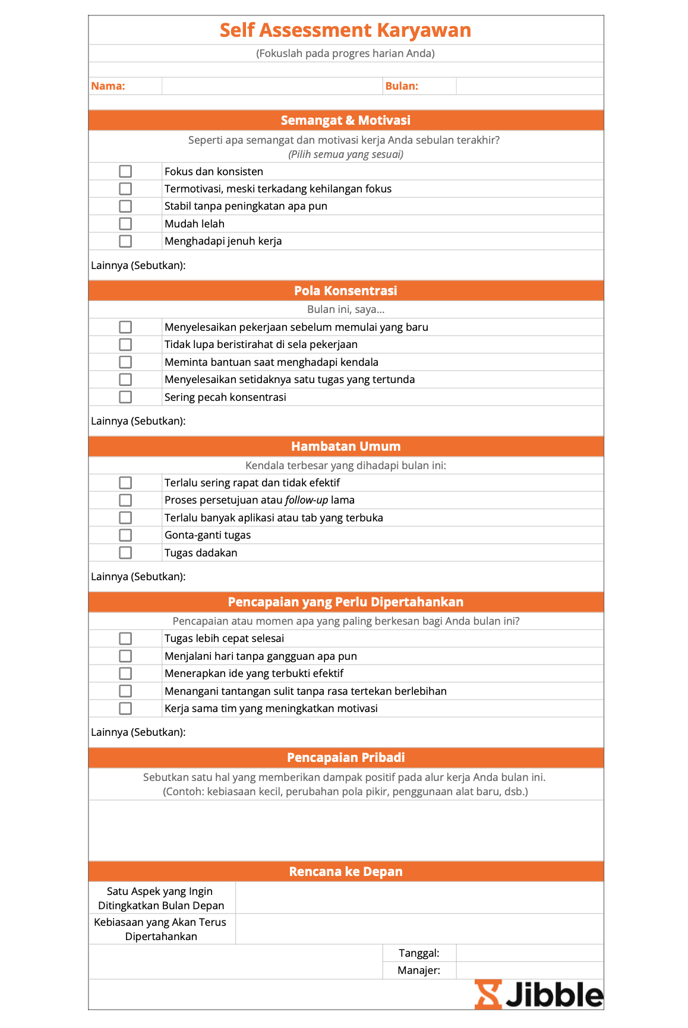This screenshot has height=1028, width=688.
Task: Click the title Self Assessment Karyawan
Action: coord(345,30)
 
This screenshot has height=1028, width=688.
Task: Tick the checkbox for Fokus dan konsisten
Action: coord(125,172)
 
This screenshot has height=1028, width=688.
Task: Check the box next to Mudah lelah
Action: coord(125,224)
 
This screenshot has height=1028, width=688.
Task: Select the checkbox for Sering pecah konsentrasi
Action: coord(125,397)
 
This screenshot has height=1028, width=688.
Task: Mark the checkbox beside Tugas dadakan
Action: coord(125,553)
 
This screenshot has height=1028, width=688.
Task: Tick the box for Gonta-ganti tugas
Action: coord(125,535)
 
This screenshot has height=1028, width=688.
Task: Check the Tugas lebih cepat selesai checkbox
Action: coord(125,638)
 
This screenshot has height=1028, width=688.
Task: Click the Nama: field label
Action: coord(108,86)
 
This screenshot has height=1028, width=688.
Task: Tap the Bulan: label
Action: coord(402,86)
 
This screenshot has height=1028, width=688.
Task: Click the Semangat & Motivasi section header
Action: coord(345,121)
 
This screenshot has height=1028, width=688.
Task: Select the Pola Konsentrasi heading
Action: coord(345,291)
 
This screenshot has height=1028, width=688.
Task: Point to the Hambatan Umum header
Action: coord(345,447)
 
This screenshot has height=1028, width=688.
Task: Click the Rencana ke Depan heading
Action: coord(345,872)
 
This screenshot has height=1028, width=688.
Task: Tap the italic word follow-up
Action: coord(307,500)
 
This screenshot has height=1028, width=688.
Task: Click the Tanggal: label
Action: coord(419,953)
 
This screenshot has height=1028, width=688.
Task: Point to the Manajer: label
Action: coord(419,970)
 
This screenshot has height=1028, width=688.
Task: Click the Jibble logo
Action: coord(538,995)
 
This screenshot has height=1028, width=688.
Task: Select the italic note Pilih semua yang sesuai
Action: coord(345,154)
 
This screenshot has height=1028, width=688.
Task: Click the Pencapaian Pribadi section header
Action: coord(345,758)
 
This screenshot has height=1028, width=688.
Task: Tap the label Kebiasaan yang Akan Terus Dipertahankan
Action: coord(160,929)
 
